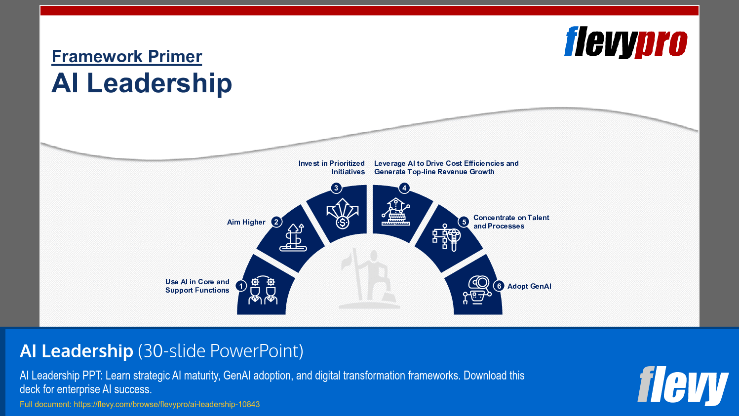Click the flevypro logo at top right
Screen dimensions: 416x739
click(x=625, y=42)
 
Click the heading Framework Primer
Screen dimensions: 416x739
click(x=127, y=57)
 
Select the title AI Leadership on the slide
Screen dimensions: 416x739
click(x=142, y=83)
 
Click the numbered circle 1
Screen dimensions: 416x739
click(x=241, y=286)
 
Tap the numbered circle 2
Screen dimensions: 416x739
click(x=276, y=222)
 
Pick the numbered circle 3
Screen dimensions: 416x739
click(x=336, y=188)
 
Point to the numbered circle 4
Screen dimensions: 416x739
click(x=404, y=188)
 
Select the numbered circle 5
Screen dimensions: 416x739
click(x=464, y=222)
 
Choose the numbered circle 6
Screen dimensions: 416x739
click(x=499, y=286)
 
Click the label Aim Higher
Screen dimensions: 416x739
click(x=246, y=223)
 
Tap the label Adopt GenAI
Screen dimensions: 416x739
click(x=529, y=286)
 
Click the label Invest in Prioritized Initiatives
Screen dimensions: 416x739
click(x=332, y=168)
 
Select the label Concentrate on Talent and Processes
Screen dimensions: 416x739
click(x=511, y=222)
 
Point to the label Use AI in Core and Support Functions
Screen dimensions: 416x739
click(x=197, y=286)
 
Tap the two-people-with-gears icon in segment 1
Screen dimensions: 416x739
click(x=263, y=291)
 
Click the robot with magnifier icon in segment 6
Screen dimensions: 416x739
click(x=477, y=290)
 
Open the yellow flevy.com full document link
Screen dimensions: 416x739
click(x=140, y=405)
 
